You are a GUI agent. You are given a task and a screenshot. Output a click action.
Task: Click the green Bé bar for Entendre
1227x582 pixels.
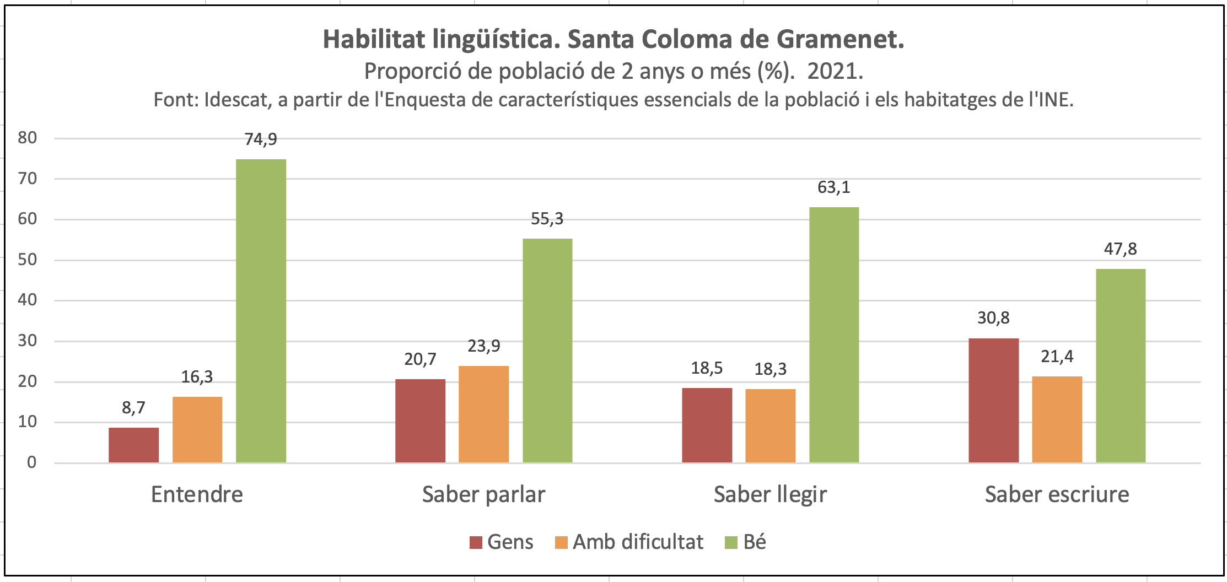tap(261, 311)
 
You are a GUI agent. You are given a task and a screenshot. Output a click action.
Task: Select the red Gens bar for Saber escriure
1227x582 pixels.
tap(993, 400)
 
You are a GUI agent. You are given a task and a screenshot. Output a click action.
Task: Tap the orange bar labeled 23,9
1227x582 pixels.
tap(483, 414)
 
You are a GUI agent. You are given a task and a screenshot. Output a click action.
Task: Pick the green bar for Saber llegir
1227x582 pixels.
tap(834, 335)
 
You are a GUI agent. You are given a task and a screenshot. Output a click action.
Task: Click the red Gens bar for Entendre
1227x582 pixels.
tap(133, 445)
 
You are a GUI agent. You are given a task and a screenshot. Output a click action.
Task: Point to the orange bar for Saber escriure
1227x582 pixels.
tap(1057, 419)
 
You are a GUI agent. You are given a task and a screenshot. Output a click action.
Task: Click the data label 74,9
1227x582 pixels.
tap(261, 139)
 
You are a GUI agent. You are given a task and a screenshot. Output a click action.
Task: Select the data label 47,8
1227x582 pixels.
tap(1120, 249)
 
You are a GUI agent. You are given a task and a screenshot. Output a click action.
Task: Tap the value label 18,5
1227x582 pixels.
tap(707, 368)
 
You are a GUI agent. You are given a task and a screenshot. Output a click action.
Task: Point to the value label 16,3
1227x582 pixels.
tap(197, 377)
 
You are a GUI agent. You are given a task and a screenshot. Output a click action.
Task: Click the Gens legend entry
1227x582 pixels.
tap(502, 542)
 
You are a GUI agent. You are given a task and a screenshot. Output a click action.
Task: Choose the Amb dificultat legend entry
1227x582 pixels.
tap(629, 542)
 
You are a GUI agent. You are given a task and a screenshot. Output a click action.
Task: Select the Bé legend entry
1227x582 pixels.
tap(746, 542)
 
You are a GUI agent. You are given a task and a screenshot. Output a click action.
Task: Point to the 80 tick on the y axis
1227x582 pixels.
tap(28, 138)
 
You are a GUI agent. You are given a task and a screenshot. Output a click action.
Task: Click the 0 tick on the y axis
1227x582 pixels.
tap(32, 462)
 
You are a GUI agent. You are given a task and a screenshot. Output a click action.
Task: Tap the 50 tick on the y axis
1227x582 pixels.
tap(28, 260)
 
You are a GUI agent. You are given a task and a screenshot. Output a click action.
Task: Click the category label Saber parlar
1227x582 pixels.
tap(483, 494)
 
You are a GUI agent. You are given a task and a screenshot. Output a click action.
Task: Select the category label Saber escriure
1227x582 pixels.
tap(1057, 494)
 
